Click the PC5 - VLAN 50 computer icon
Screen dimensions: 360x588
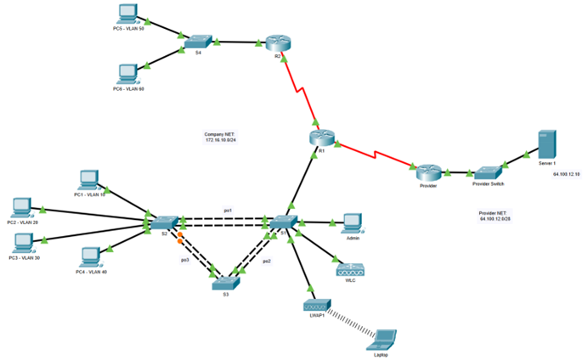coord(128,12)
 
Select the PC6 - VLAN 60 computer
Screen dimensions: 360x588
coord(128,71)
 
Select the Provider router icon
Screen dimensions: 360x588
coord(427,171)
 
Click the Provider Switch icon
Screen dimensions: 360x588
coord(489,172)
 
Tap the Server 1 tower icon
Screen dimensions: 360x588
coord(546,143)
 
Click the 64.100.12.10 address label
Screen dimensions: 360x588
coord(566,174)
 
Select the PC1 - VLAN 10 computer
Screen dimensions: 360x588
coord(88,179)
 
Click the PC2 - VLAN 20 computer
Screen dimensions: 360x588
coord(22,206)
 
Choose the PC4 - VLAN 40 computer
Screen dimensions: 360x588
coord(89,255)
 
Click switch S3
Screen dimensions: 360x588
coord(227,284)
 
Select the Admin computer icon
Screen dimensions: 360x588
coord(353,222)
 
